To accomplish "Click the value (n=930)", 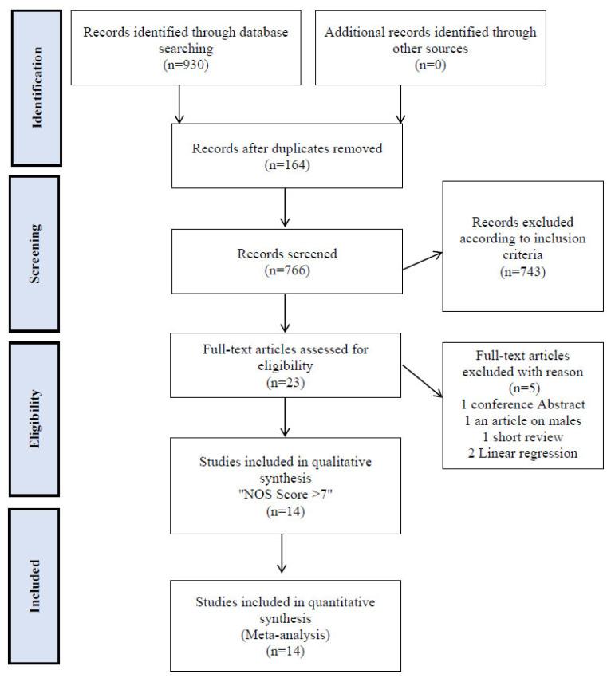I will [x=171, y=64].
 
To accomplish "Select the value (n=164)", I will [x=284, y=165].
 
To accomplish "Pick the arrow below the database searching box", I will [x=181, y=104].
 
